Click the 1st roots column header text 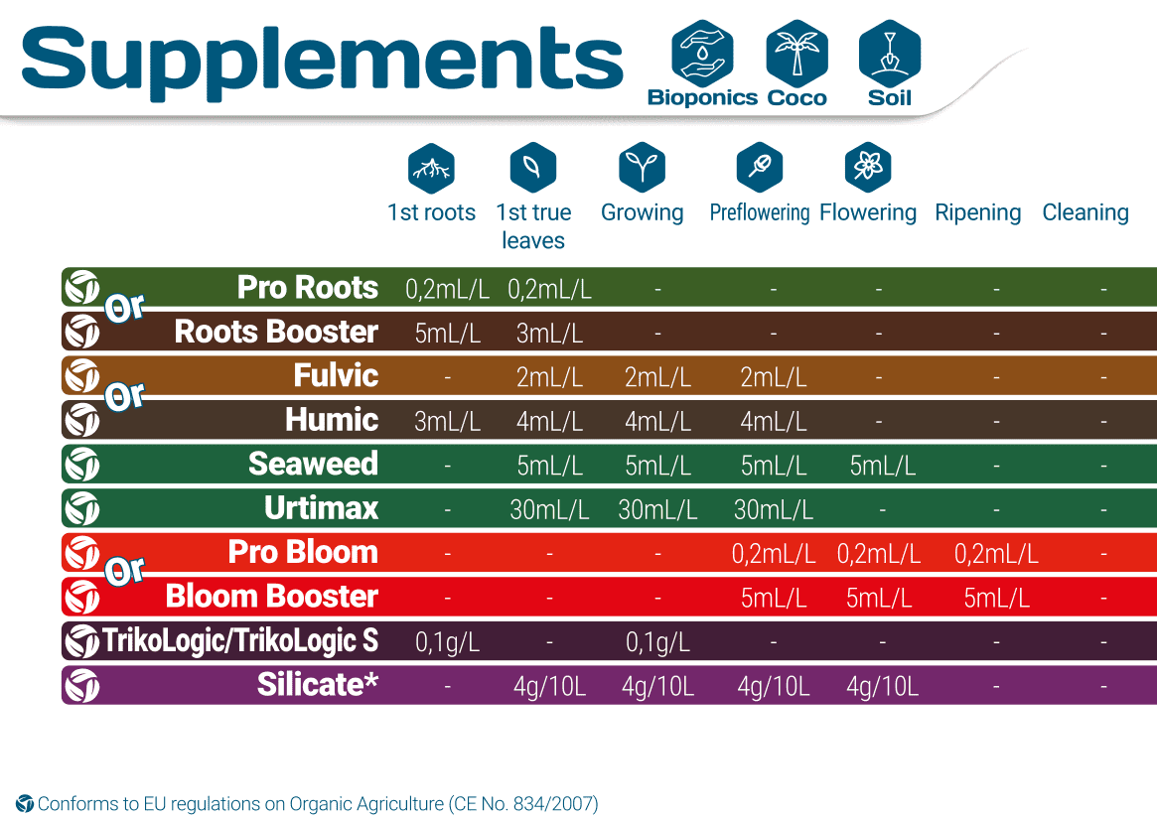tap(431, 212)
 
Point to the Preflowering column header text tap(760, 212)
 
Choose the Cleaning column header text tap(1085, 212)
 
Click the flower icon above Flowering tap(868, 167)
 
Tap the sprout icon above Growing tap(642, 167)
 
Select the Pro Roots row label tap(308, 288)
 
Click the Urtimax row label tap(322, 508)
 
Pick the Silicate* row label tap(318, 685)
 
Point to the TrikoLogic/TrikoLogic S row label tap(240, 641)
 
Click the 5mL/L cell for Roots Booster tap(448, 334)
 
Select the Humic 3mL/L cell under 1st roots tap(448, 421)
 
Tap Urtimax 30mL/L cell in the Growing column tap(657, 510)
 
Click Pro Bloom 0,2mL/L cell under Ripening tap(996, 554)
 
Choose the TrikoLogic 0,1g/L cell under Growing tap(657, 642)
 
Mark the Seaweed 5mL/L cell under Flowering tap(882, 466)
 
